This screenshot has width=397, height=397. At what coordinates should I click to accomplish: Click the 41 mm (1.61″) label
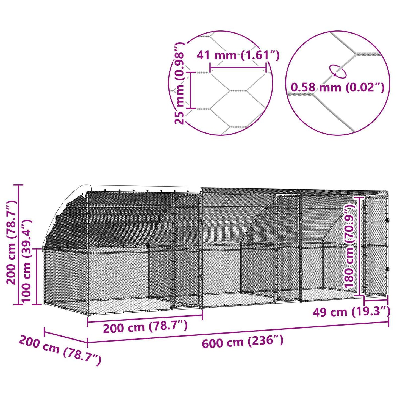pos(238,55)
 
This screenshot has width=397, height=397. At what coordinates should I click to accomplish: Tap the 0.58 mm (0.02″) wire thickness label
pos(337,88)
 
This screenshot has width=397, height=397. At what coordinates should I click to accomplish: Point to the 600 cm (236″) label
pos(243,342)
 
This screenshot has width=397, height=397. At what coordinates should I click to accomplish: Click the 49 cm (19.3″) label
pos(351,312)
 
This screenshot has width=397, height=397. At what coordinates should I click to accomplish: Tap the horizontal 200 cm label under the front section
pos(145,327)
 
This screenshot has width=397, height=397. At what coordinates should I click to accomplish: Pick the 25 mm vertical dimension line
pos(191,90)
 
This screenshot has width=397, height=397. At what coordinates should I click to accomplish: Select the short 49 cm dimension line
pos(376,301)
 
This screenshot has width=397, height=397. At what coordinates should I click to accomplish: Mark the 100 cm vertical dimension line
pos(37,276)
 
